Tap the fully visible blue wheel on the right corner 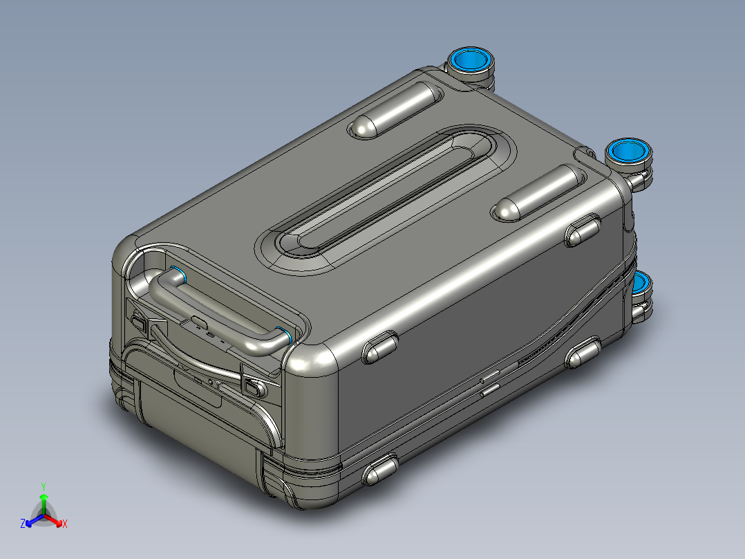click(x=628, y=152)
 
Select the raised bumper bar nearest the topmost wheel click(x=396, y=109)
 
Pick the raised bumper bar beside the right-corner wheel click(x=539, y=192)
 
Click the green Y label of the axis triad click(x=44, y=486)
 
